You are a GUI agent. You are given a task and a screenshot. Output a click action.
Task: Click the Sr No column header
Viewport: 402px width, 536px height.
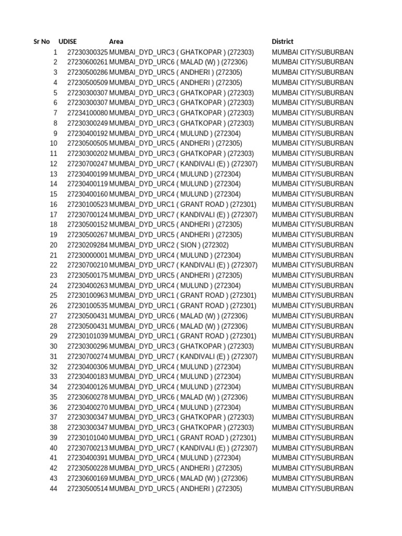point(41,41)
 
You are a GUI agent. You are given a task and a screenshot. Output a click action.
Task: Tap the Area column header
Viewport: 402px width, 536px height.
point(116,41)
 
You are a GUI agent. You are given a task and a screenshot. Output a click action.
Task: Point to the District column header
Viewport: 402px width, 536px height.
point(283,41)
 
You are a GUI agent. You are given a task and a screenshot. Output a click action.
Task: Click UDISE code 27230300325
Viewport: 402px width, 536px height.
point(87,52)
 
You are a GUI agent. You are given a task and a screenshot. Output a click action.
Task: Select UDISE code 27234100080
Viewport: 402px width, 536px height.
point(87,113)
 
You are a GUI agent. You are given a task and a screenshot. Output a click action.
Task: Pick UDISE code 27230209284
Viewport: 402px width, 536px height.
point(87,245)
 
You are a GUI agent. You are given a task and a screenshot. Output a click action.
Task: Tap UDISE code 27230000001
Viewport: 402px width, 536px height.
point(87,255)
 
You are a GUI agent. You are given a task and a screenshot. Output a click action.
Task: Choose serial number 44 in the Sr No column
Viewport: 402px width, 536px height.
point(53,489)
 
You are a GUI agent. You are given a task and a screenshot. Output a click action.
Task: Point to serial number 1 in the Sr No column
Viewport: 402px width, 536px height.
point(55,52)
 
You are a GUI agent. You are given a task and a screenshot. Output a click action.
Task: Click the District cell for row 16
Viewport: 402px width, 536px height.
point(312,204)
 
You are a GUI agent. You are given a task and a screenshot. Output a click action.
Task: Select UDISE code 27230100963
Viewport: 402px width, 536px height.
point(87,296)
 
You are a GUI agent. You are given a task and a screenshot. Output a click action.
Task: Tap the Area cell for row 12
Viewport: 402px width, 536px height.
point(183,164)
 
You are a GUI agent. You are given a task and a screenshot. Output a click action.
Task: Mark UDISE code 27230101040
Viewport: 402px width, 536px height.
point(87,438)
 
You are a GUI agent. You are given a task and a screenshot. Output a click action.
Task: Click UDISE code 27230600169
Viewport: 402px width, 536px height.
point(87,478)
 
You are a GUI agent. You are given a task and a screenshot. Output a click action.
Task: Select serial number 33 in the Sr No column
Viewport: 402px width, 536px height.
point(53,377)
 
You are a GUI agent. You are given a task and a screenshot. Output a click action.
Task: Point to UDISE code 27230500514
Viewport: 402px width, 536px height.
point(87,489)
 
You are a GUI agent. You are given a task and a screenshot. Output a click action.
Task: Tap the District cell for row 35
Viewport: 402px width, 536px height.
point(312,397)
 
